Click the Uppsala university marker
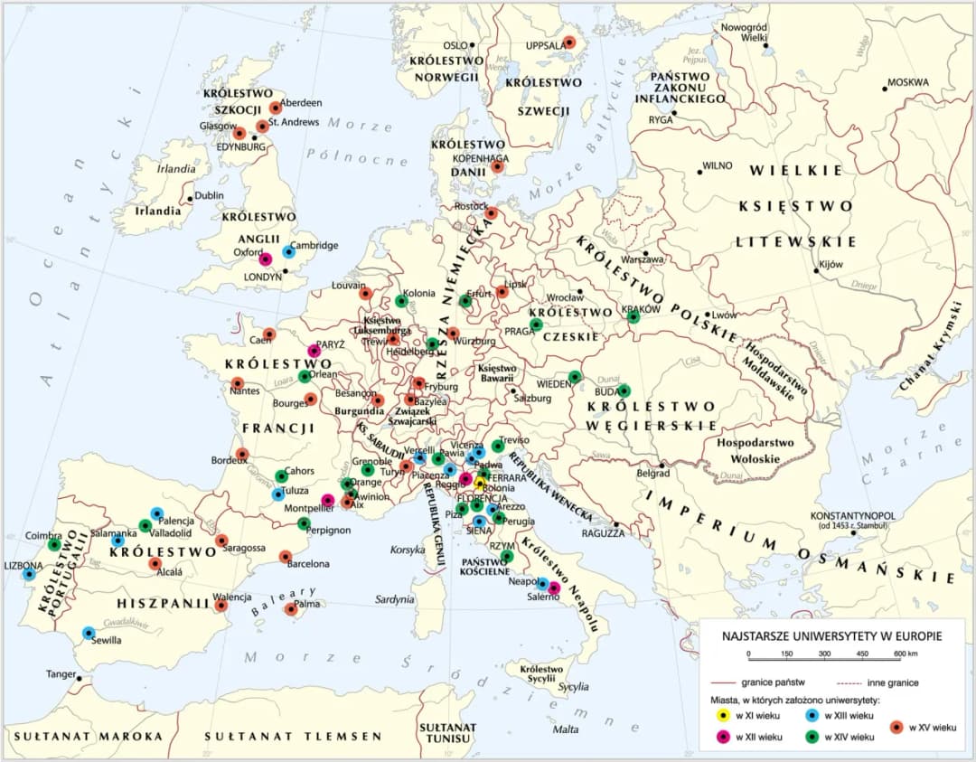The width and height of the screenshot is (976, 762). click(x=569, y=42)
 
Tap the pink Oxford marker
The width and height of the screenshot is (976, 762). click(x=265, y=259)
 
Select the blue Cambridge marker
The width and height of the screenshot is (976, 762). click(x=288, y=252)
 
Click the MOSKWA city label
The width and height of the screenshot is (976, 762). click(x=907, y=82)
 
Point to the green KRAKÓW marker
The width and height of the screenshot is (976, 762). click(x=633, y=316)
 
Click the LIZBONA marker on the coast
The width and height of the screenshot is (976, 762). click(x=29, y=573)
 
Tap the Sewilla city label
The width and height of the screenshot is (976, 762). click(x=108, y=640)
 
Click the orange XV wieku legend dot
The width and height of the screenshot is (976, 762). click(x=896, y=727)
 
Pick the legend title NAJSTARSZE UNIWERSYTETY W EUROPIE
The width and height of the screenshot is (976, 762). click(x=831, y=636)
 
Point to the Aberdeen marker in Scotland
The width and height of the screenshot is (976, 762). click(x=276, y=108)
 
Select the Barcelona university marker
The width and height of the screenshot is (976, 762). click(x=286, y=557)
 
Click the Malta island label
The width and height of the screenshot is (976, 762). click(x=566, y=729)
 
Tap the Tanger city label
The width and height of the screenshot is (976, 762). click(x=61, y=674)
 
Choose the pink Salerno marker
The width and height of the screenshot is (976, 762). click(x=554, y=588)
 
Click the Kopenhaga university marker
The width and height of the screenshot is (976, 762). click(x=497, y=166)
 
